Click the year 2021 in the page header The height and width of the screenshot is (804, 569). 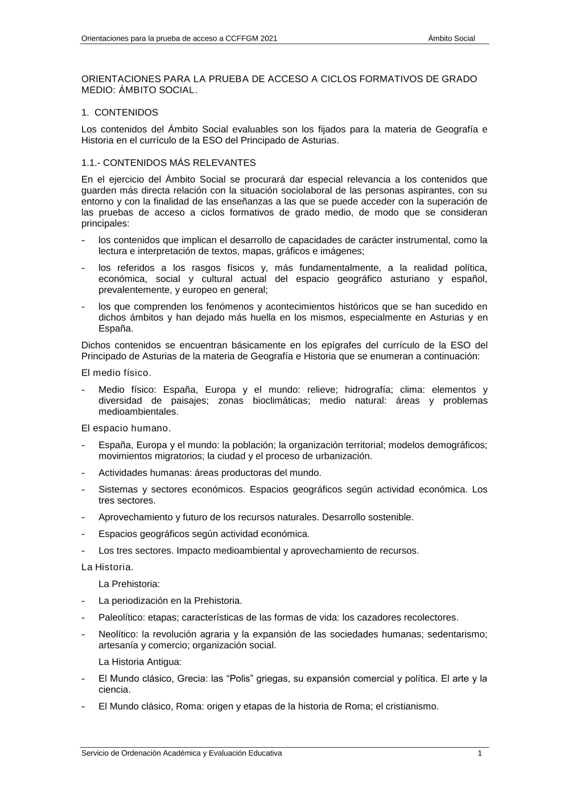[x=269, y=39]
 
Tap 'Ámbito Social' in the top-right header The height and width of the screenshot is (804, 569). [x=451, y=39]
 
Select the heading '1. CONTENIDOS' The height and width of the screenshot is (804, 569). [x=119, y=113]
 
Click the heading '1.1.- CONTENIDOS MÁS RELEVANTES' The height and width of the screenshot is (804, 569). [x=168, y=163]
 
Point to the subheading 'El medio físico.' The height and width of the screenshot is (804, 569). [x=116, y=373]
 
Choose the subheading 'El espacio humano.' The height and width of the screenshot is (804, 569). [x=126, y=428]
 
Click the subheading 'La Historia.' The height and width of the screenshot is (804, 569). [x=108, y=567]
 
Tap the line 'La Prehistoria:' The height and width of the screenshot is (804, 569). [x=129, y=584]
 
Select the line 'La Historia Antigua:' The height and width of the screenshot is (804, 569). [x=140, y=662]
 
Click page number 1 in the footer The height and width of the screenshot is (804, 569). [x=480, y=753]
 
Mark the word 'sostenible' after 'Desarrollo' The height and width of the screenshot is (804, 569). [x=393, y=517]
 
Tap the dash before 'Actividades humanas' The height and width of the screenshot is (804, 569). [x=84, y=473]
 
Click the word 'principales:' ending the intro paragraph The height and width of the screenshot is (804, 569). [x=105, y=223]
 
